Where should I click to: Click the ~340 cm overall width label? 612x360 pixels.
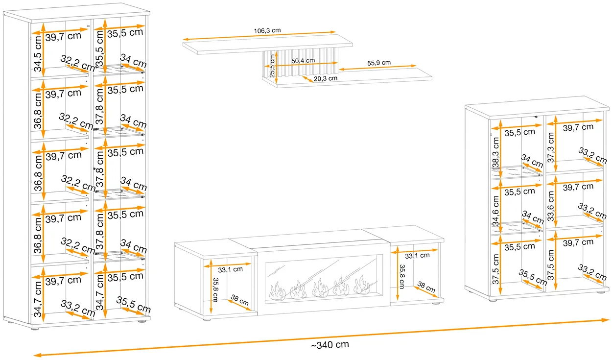point(330,345)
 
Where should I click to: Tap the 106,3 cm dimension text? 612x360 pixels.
point(267,30)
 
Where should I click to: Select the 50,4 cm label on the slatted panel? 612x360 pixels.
point(303,61)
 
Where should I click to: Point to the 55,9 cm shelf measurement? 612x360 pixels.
point(378,63)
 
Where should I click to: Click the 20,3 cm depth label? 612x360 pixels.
point(326,79)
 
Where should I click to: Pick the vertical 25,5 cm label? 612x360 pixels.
point(272,66)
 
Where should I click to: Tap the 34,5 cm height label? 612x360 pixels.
point(38,54)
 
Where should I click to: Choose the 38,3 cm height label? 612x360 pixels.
point(495,152)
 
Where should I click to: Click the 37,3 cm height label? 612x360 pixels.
point(550,147)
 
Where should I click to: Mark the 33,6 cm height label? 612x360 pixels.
point(550,206)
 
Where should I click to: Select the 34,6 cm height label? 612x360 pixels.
point(495,211)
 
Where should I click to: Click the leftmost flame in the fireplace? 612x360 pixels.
point(277,291)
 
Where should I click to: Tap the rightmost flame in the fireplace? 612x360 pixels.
point(362,285)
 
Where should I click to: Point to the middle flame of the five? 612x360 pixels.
point(320,288)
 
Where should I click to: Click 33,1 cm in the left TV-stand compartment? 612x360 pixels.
point(230,269)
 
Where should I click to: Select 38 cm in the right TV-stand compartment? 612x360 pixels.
point(426,287)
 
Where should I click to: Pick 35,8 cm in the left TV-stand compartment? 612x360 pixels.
point(215,290)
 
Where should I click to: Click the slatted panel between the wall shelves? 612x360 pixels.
point(300,62)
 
